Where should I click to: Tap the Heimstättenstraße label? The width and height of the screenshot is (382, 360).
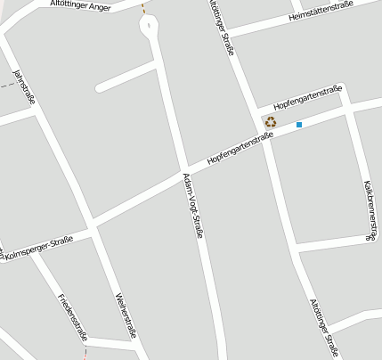click(321, 11)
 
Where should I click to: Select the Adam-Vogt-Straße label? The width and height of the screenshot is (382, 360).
click(193, 205)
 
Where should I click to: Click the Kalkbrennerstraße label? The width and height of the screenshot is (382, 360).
click(370, 210)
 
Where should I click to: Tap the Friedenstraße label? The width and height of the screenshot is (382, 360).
click(71, 315)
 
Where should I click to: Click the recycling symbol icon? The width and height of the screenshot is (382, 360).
click(270, 121)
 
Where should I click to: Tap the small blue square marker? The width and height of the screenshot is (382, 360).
click(299, 125)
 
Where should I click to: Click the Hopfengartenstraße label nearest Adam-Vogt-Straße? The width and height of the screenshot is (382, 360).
click(239, 149)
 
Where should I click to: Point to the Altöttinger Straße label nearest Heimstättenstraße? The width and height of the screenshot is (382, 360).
click(222, 27)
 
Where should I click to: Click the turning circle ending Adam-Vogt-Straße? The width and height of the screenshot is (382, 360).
click(149, 25)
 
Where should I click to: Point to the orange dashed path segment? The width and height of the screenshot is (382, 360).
click(144, 7)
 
